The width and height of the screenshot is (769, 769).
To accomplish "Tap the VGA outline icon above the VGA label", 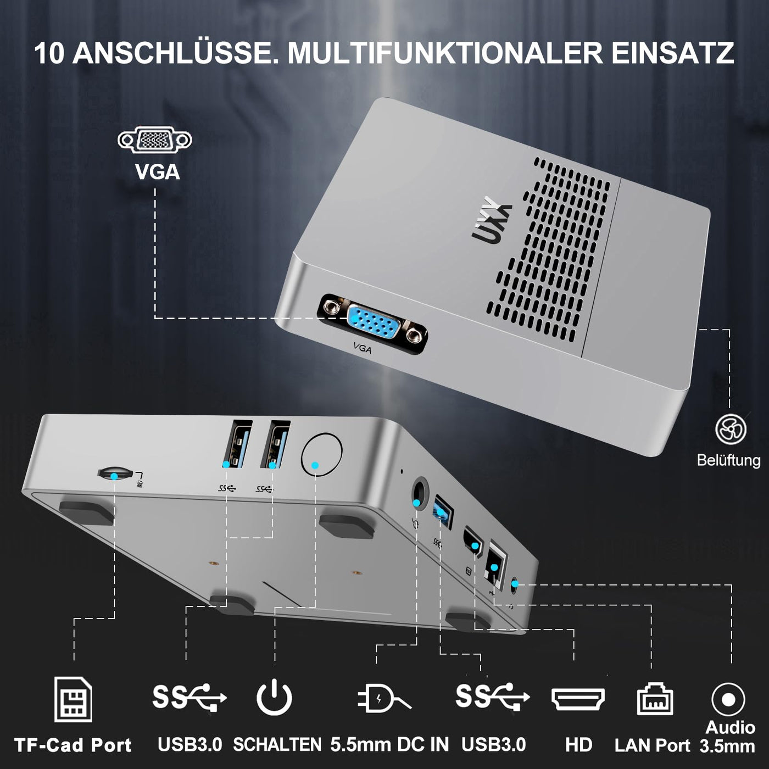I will tap(155, 141).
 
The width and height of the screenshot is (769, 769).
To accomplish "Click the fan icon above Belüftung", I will tap(731, 429).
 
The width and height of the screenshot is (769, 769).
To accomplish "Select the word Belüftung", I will tap(728, 460).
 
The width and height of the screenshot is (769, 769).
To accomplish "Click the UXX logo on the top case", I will tap(492, 220).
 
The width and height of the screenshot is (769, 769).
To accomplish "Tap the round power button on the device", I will tap(322, 454).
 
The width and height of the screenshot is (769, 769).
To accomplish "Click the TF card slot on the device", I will tap(115, 473).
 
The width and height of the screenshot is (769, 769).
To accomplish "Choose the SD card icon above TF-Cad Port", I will tap(73, 699).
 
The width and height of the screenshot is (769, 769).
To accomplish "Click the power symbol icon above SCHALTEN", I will tap(274, 698).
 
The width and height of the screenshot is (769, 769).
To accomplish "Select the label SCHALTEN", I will tap(277, 745).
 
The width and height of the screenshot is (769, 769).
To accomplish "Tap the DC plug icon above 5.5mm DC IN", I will tap(383, 699).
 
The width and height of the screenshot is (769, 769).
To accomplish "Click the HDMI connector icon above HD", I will tap(578, 699).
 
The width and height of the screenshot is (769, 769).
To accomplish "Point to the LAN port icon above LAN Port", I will tap(655, 699).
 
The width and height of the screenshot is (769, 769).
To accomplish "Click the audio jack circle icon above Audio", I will tap(728, 699).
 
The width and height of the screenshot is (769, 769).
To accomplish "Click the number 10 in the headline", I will tap(49, 53).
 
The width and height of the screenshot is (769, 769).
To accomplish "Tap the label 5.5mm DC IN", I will tap(389, 745).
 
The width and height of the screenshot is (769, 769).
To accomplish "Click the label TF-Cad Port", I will tap(73, 745).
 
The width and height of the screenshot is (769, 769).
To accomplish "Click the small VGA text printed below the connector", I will tap(363, 348).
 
